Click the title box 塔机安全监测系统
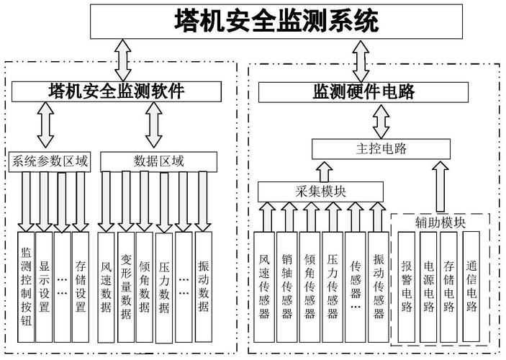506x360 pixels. tap(276, 21)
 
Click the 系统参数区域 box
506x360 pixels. tap(50, 161)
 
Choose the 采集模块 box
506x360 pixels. tap(320, 191)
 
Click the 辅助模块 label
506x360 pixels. tap(440, 222)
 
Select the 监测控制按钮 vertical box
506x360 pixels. tap(26, 281)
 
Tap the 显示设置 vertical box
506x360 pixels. tap(44, 281)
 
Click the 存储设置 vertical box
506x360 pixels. tap(80, 281)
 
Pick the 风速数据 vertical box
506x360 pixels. tap(107, 281)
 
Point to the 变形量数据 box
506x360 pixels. tap(126, 281)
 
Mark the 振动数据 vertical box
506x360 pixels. tap(204, 281)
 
